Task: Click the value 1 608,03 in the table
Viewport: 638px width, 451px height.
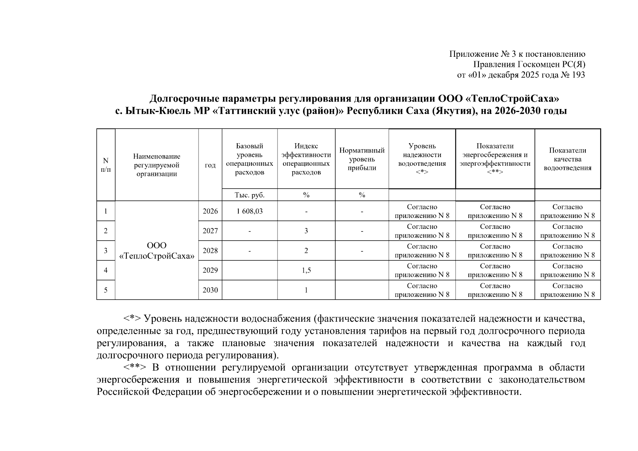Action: coord(250,211)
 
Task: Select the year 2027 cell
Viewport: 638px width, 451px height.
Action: coord(210,231)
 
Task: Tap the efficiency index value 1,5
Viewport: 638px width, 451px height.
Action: coord(306,270)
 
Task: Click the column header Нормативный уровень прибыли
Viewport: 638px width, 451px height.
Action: coord(362,159)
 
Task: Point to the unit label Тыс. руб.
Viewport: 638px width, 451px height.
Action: coord(250,195)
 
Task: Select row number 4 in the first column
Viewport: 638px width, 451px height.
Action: coord(106,270)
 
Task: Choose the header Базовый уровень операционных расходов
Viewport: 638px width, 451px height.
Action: coord(250,159)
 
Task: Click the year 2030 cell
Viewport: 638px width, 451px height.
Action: coord(210,290)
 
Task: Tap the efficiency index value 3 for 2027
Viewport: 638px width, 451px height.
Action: coord(306,231)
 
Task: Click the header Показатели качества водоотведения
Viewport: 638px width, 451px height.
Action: coord(567,159)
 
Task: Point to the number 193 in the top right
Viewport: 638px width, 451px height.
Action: coord(578,75)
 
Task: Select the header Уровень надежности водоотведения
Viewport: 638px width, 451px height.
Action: coord(422,159)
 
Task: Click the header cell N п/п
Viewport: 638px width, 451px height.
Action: coord(106,165)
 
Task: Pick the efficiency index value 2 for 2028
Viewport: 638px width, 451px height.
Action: coord(306,251)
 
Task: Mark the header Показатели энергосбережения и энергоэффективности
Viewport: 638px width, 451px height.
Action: coord(495,159)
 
